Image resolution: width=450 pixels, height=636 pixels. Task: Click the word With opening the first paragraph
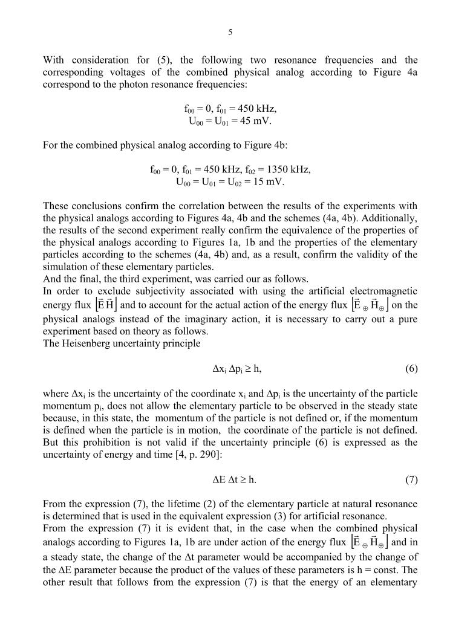(x=54, y=60)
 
